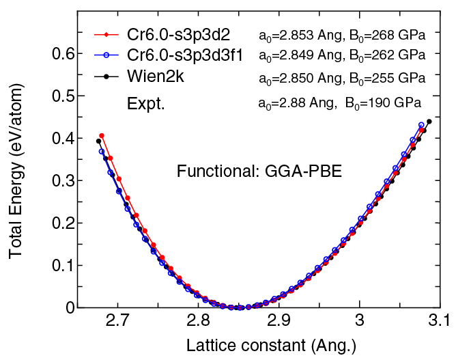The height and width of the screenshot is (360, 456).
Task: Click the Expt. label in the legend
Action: [x=145, y=103]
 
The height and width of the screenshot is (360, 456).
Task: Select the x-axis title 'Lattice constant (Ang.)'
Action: [x=271, y=344]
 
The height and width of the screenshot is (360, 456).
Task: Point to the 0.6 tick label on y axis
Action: [x=67, y=53]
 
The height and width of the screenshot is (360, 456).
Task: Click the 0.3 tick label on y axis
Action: [x=67, y=180]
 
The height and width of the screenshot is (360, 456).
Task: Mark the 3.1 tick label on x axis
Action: [x=439, y=322]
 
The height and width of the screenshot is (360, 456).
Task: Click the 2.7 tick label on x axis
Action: [x=117, y=322]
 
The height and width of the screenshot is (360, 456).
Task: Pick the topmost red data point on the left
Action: [x=102, y=136]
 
